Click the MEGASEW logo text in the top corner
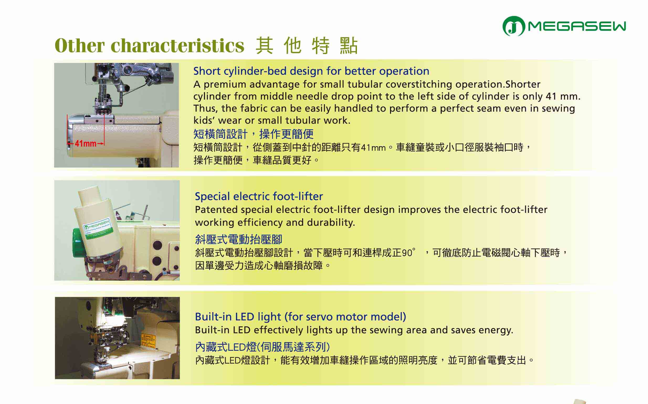click(577, 26)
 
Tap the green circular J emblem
click(513, 26)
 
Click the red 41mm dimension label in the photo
click(86, 144)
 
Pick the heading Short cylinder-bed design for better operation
click(311, 71)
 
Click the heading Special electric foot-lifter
click(259, 196)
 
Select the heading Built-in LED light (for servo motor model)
click(301, 317)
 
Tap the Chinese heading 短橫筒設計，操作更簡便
click(254, 134)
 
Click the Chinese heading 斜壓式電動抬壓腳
click(239, 239)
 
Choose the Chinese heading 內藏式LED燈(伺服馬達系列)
click(262, 347)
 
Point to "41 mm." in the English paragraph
click(563, 96)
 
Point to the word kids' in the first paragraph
click(204, 120)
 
